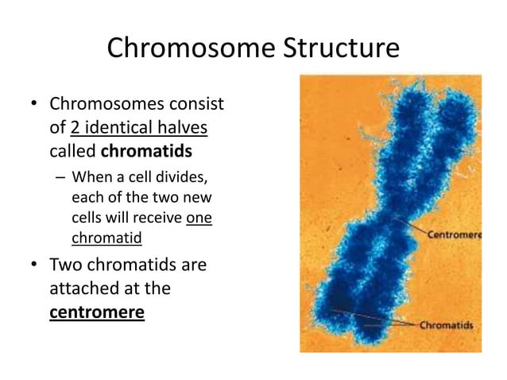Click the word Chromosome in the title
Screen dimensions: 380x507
tap(188, 48)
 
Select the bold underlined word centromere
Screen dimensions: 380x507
tap(97, 312)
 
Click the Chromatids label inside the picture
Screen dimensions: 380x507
tap(447, 325)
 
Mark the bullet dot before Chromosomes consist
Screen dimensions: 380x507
tap(34, 105)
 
